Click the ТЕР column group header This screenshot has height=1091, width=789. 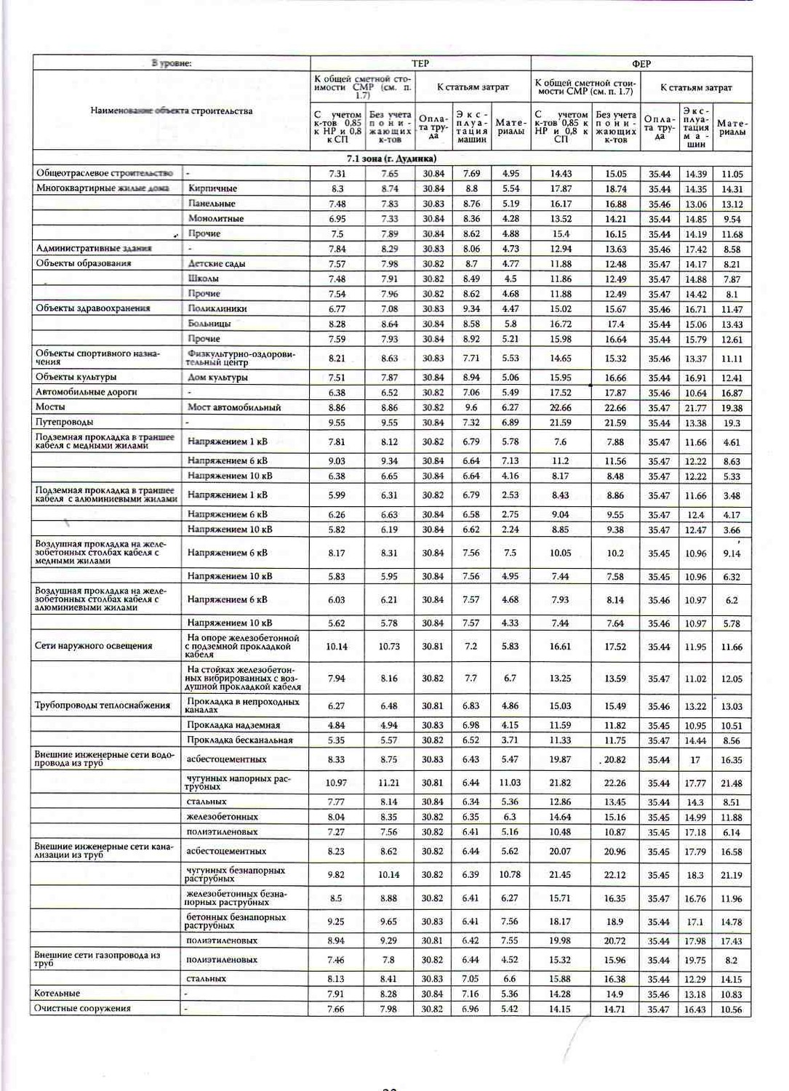pyautogui.click(x=420, y=64)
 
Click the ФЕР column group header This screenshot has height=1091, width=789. pyautogui.click(x=641, y=64)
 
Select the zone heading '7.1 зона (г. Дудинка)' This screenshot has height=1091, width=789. pyautogui.click(x=391, y=159)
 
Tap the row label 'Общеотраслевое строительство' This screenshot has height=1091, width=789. pyautogui.click(x=105, y=173)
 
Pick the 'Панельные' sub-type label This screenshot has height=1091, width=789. pyautogui.click(x=212, y=204)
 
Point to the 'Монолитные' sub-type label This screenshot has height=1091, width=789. pyautogui.click(x=216, y=218)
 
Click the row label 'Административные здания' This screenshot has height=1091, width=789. pyautogui.click(x=94, y=248)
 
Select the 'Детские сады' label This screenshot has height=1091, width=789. pyautogui.click(x=217, y=263)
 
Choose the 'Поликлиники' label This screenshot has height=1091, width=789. pyautogui.click(x=217, y=308)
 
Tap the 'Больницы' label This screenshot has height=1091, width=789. pyautogui.click(x=209, y=323)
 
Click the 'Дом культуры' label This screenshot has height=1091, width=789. pyautogui.click(x=217, y=377)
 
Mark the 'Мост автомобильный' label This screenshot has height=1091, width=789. pyautogui.click(x=234, y=407)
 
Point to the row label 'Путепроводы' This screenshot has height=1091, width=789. pyautogui.click(x=65, y=422)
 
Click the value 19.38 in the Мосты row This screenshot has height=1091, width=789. pyautogui.click(x=732, y=408)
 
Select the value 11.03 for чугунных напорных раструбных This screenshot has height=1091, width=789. pyautogui.click(x=510, y=783)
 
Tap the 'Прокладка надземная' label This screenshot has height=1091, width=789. pyautogui.click(x=233, y=725)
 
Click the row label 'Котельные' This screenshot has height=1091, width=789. pyautogui.click(x=57, y=994)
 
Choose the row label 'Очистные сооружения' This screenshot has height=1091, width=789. pyautogui.click(x=83, y=1009)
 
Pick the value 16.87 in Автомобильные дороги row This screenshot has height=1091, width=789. pyautogui.click(x=732, y=393)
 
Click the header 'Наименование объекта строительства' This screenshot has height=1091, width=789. pyautogui.click(x=172, y=111)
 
